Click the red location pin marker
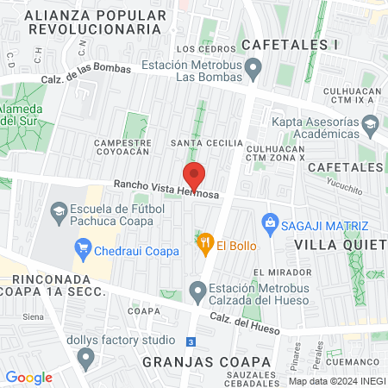pyautogui.click(x=194, y=176)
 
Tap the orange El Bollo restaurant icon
pyautogui.click(x=204, y=246)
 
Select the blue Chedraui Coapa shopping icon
pyautogui.click(x=84, y=251)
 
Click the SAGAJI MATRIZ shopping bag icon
pyautogui.click(x=270, y=224)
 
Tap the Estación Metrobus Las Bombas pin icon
pyautogui.click(x=253, y=67)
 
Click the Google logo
pyautogui.click(x=28, y=377)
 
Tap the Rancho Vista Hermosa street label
pyautogui.click(x=166, y=191)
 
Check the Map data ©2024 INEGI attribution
pyautogui.click(x=336, y=380)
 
